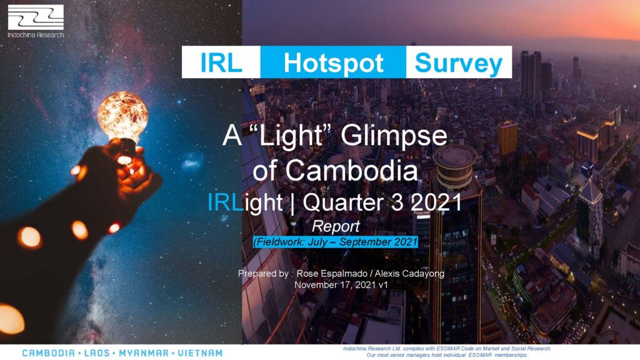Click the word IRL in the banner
pos(221,63)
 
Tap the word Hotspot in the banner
pos(334,63)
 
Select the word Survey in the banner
pos(458,64)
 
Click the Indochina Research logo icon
pos(36,17)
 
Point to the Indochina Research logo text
pos(36,35)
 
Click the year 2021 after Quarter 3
pos(436,202)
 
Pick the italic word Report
pos(336,226)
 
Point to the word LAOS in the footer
pos(97,353)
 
